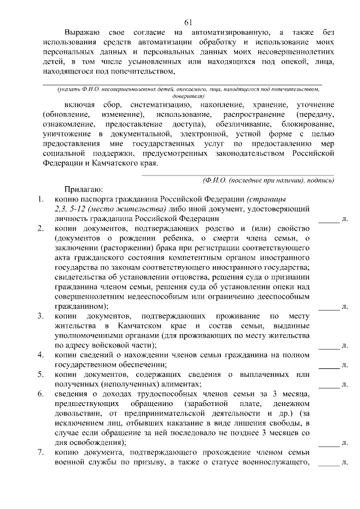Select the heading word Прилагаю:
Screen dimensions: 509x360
83,190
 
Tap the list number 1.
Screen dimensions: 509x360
40,199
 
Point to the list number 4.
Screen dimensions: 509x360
40,355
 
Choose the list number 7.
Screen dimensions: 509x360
40,453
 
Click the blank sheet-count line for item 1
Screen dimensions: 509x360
329,222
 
